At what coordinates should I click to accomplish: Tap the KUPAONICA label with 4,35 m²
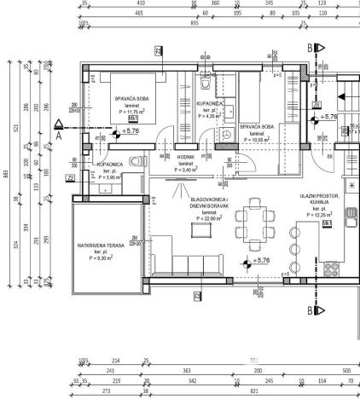210,104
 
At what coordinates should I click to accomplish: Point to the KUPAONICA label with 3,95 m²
113,164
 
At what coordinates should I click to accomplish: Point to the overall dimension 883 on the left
8,176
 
